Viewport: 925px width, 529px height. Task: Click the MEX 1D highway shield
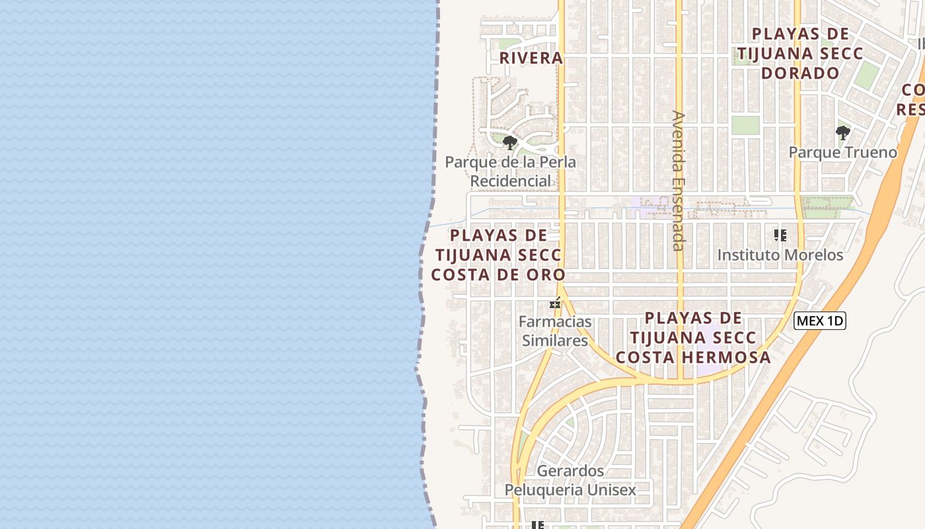(819, 321)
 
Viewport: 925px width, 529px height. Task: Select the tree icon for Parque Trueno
(842, 133)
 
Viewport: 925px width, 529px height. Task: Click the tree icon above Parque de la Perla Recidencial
(509, 142)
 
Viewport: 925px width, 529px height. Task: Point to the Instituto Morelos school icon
(780, 235)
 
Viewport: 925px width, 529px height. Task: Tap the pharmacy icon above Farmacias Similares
(555, 304)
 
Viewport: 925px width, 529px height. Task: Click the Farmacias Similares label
(555, 331)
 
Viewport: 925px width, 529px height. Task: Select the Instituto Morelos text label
(780, 255)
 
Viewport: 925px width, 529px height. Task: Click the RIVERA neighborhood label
(531, 58)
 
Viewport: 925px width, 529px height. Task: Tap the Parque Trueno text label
(842, 153)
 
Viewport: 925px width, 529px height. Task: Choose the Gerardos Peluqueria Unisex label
(570, 481)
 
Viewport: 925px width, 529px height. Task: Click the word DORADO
(800, 73)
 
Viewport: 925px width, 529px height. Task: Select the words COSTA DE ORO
(498, 274)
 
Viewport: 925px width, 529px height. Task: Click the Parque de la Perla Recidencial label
(510, 171)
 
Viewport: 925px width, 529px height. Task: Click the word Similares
(555, 341)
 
